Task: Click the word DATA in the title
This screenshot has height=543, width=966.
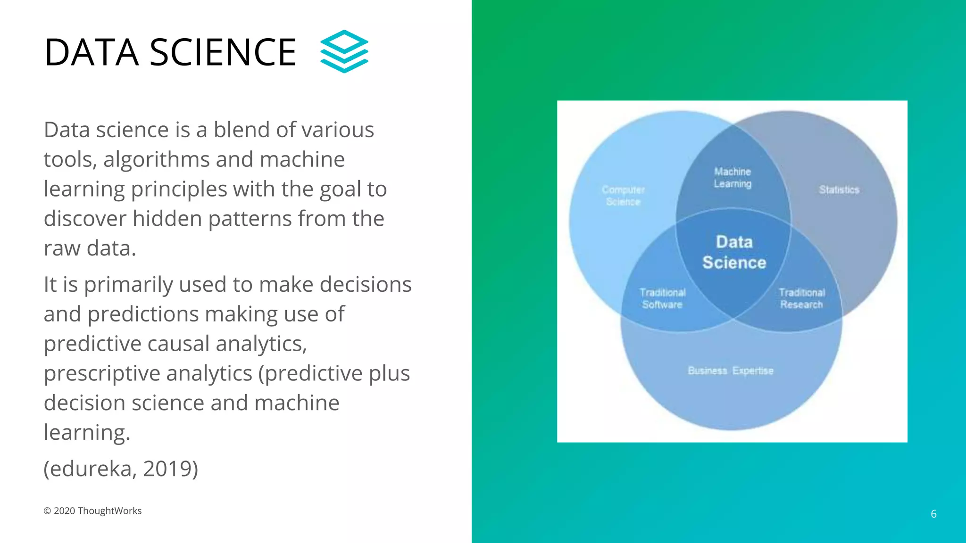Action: (x=92, y=52)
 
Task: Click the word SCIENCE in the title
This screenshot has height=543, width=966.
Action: (x=223, y=52)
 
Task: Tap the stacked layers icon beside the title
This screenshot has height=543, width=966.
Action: (x=344, y=51)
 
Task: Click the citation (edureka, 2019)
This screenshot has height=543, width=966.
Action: (x=121, y=469)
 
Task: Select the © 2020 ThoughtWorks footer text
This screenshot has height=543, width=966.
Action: (x=92, y=511)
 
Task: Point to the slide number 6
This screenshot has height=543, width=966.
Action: (x=933, y=514)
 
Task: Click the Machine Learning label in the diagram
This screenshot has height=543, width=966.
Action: (x=732, y=178)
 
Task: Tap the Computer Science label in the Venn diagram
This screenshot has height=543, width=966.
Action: (x=623, y=196)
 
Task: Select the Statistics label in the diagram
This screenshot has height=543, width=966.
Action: (x=839, y=189)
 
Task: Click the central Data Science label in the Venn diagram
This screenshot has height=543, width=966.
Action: (x=734, y=252)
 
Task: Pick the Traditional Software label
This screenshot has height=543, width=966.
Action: (x=662, y=298)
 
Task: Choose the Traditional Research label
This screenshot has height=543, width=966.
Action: (x=801, y=298)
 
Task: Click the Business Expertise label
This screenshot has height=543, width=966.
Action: (x=730, y=370)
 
